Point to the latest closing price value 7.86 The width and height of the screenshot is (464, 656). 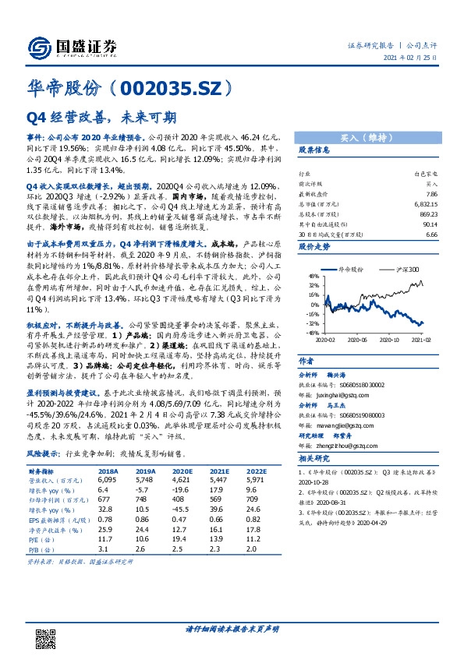(431, 192)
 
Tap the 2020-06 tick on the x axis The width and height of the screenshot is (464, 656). (362, 340)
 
